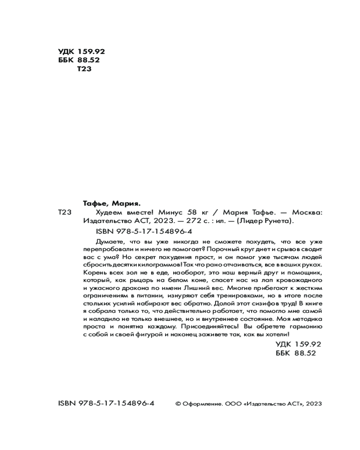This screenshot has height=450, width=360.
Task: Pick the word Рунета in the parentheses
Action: pos(278,221)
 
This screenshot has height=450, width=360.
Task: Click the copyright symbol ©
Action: pos(178,404)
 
